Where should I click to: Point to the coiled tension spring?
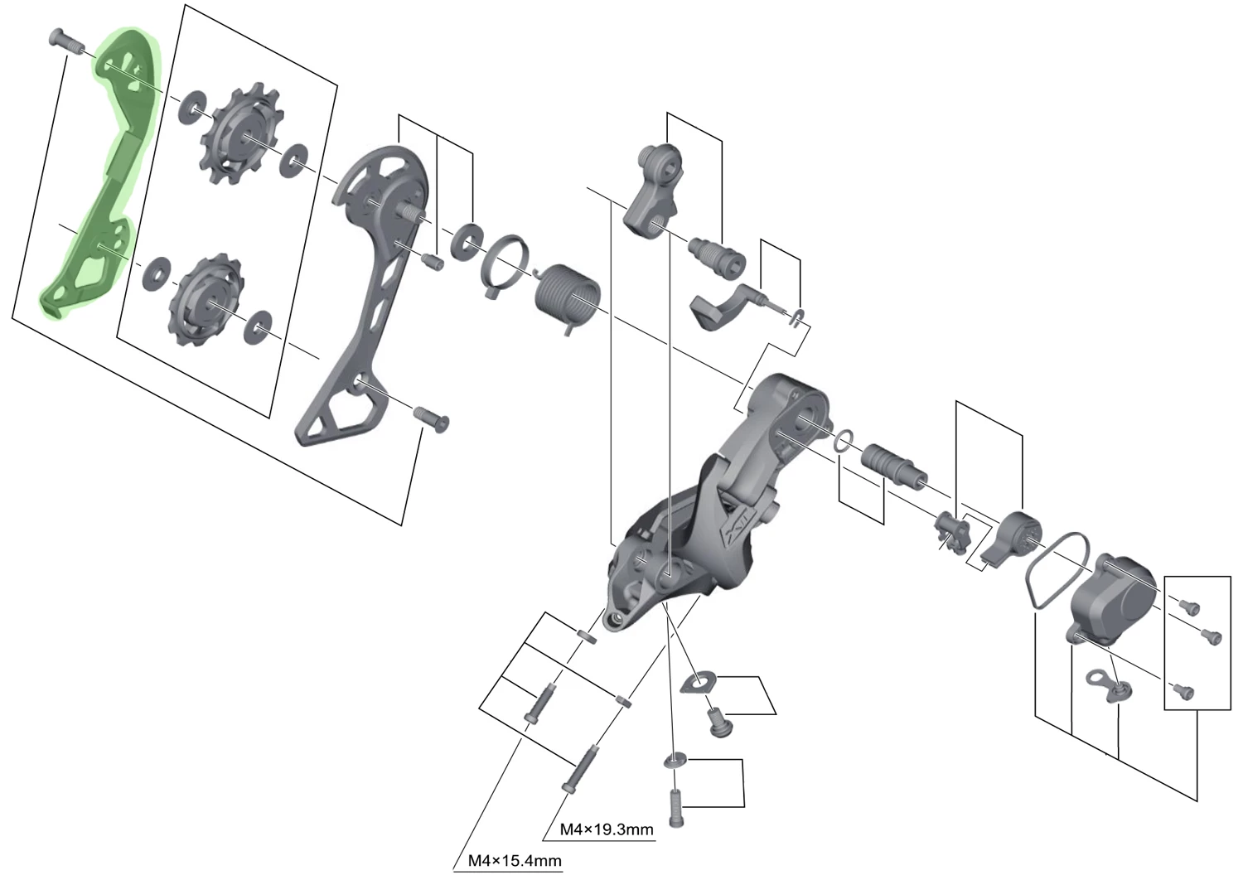(x=568, y=294)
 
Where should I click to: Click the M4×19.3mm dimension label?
(x=607, y=829)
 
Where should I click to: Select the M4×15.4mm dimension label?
(x=514, y=861)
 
